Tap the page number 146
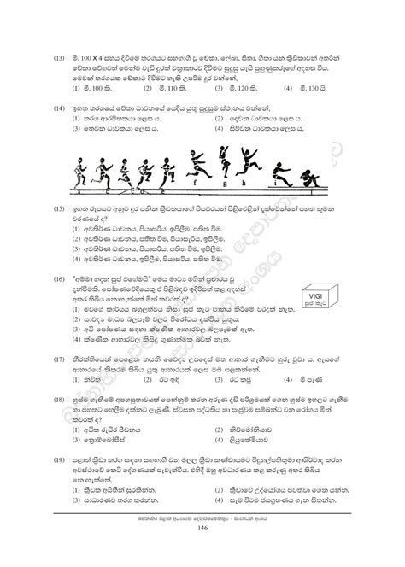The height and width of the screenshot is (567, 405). click(202, 554)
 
